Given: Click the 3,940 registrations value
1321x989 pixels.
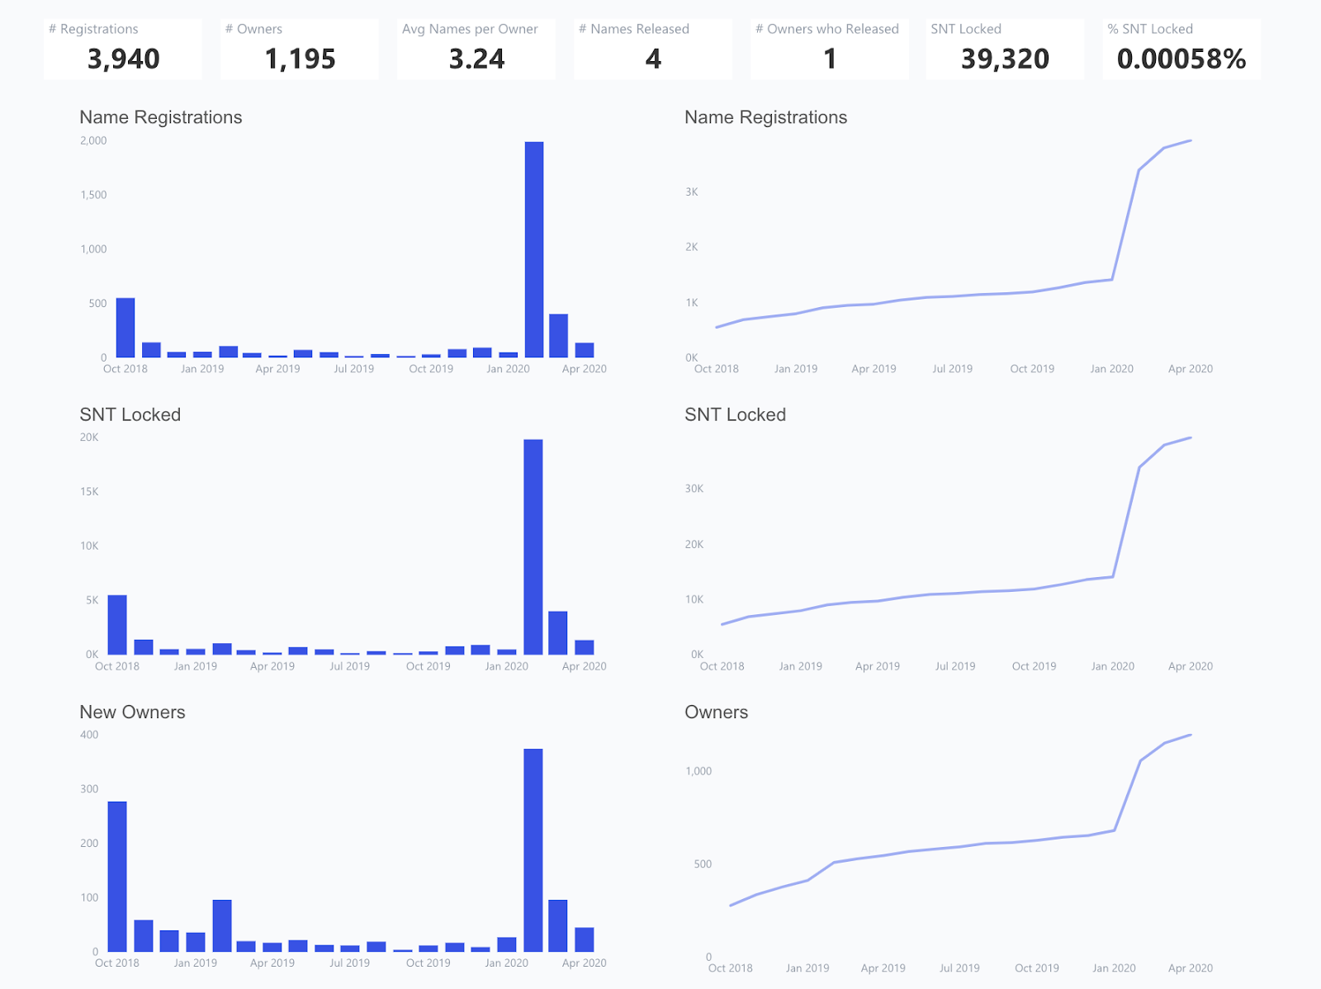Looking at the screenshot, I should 123,59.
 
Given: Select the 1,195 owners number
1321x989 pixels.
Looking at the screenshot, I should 300,59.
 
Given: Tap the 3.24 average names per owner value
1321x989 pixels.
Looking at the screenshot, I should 476,59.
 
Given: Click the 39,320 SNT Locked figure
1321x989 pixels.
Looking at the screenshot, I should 1005,59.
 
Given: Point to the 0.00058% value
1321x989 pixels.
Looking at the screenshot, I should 1181,59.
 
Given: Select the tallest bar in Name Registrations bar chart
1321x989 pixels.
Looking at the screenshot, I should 534,249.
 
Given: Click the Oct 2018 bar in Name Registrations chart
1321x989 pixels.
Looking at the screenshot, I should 125,328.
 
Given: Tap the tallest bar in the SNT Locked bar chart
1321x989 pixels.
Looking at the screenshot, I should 533,547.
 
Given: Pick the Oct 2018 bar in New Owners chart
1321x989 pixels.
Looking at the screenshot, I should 117,876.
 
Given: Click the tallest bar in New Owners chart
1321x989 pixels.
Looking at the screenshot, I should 533,850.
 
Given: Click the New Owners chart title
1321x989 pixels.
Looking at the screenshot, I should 132,712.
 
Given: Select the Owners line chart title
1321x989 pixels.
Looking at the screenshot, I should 716,712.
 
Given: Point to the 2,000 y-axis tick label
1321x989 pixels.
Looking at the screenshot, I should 93,140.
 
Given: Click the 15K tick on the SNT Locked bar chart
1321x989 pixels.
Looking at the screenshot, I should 89,491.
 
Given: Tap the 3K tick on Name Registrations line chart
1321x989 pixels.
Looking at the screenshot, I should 691,192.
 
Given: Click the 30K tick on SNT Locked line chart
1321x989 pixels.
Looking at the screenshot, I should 694,489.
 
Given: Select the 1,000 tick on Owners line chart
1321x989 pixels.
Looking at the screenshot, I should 698,771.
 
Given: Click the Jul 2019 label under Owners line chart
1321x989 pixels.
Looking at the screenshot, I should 959,968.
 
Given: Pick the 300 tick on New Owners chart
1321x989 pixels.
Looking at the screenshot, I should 89,788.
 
